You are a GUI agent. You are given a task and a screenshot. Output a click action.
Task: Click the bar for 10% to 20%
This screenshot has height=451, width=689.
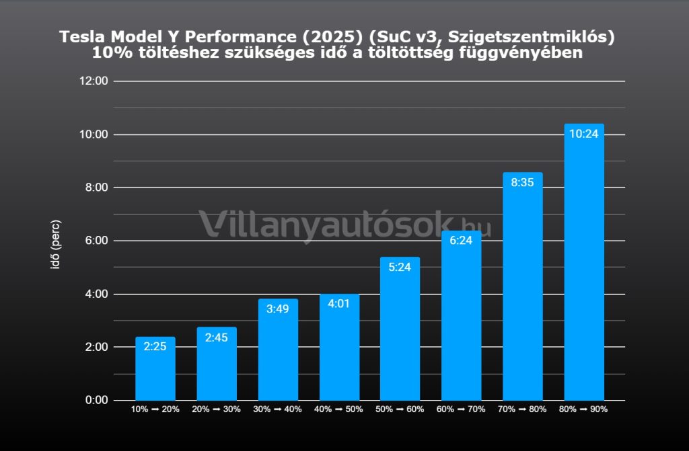tap(155, 370)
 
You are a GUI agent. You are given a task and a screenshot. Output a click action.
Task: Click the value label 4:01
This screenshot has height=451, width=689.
tap(339, 303)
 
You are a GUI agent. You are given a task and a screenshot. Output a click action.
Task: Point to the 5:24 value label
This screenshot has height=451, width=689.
tap(400, 267)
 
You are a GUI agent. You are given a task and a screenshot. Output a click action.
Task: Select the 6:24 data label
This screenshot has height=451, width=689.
tap(461, 240)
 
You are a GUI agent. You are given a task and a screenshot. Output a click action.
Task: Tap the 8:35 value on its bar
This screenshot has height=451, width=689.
tap(522, 182)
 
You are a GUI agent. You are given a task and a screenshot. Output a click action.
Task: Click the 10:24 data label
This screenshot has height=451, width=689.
tap(583, 133)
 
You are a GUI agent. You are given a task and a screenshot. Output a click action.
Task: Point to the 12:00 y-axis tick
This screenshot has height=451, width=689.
tap(94, 81)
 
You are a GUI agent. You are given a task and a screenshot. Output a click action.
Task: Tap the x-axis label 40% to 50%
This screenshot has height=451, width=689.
tap(339, 409)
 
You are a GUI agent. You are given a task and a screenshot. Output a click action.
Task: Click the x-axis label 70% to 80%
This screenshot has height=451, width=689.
tap(522, 409)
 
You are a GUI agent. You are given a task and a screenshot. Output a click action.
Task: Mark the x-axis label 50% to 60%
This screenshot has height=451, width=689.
tap(400, 409)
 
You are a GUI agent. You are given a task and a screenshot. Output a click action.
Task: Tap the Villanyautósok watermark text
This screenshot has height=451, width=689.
tap(330, 224)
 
